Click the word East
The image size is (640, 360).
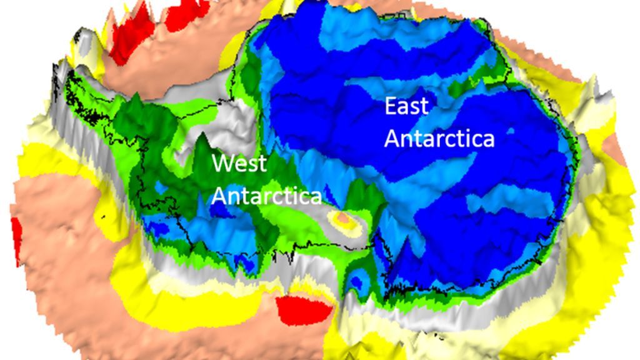(x=406, y=106)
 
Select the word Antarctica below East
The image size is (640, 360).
(x=439, y=138)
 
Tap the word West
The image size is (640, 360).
(x=239, y=164)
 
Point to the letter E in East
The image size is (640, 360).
(x=391, y=106)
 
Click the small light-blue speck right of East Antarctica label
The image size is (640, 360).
(x=511, y=132)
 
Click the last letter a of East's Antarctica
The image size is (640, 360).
(x=487, y=138)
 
